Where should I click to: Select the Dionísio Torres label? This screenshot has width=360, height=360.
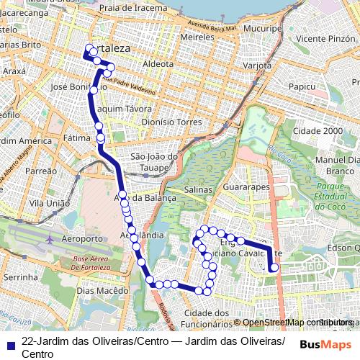(171, 122)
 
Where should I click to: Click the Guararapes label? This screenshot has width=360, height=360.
(247, 187)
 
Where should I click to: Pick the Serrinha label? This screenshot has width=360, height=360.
(20, 276)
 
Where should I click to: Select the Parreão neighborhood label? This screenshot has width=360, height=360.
(40, 171)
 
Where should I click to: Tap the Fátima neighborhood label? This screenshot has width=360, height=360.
(76, 137)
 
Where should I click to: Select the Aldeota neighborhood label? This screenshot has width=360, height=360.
(158, 63)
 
